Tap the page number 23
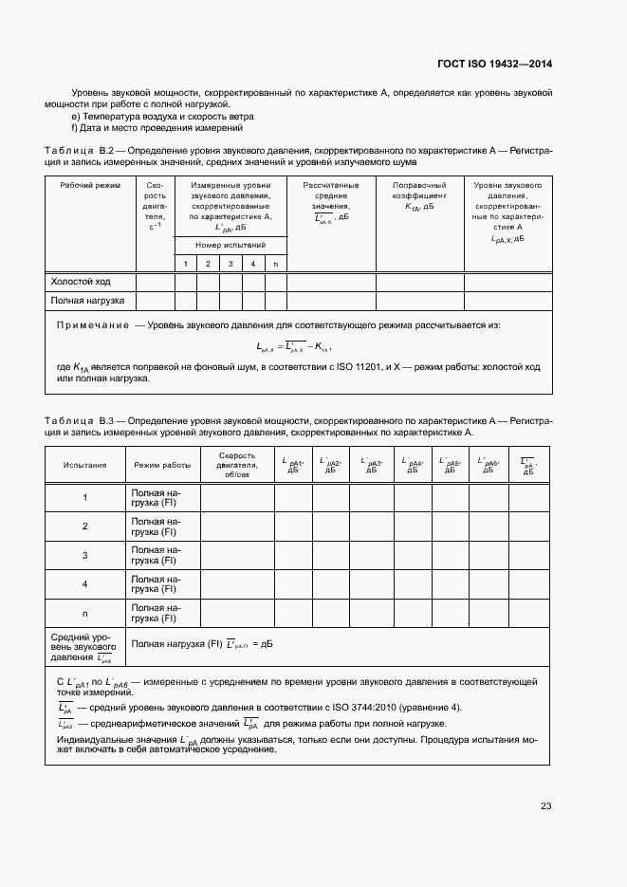pos(545,806)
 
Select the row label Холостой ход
pos(81,282)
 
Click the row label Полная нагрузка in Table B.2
pos(88,302)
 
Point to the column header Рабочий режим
pos(90,185)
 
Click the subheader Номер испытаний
pos(231,245)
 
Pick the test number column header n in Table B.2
pos(275,263)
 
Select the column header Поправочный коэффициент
pos(418,194)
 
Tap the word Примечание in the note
pos(93,325)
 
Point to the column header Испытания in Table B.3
pos(84,466)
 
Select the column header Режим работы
pos(162,466)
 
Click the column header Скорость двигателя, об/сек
pos(236,465)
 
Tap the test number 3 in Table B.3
pos(84,556)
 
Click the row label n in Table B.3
pos(84,613)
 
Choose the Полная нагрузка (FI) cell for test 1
pos(155,498)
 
